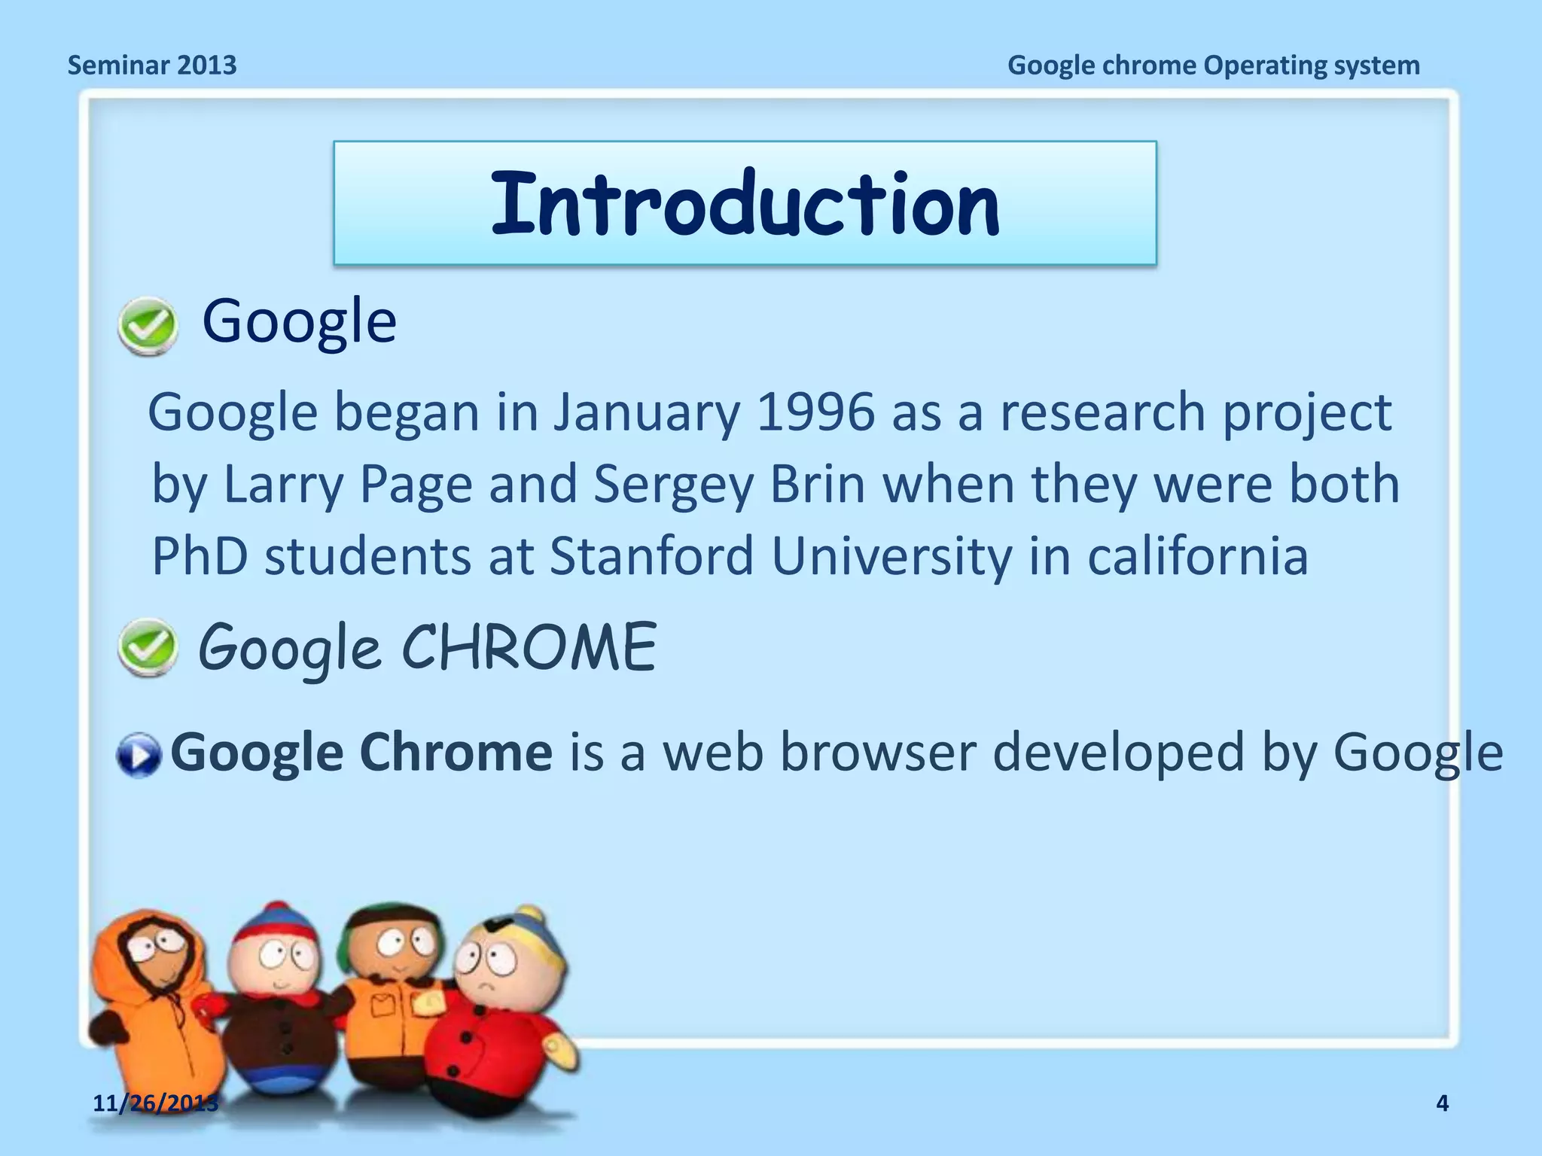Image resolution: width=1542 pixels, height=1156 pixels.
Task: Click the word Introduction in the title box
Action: (745, 203)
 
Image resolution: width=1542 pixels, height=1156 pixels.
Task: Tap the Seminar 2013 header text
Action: (152, 65)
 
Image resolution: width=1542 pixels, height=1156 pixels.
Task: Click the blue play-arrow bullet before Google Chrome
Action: (139, 755)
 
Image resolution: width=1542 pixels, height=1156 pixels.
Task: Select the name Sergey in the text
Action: (672, 485)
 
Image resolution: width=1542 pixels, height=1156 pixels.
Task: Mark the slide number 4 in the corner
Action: (1442, 1103)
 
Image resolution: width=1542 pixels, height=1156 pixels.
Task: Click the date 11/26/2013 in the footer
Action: (155, 1103)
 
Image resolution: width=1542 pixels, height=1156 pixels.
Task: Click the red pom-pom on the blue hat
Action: (278, 908)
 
